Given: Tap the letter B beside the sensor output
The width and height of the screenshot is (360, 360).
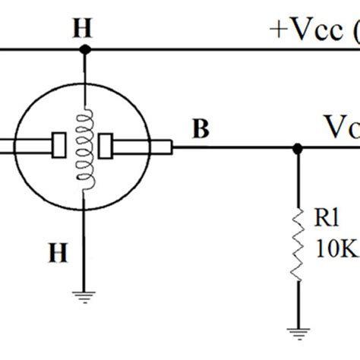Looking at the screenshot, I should click(201, 131).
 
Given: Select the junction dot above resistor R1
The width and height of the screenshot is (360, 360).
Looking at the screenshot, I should click(295, 147).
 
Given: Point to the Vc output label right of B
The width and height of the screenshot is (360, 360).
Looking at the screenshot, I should click(342, 125).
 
